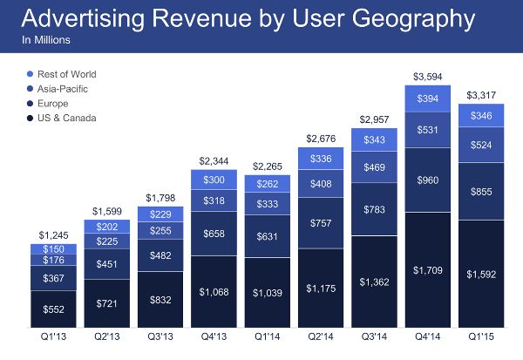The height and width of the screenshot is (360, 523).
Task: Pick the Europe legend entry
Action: click(52, 104)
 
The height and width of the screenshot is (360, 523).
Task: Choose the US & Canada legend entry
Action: click(65, 118)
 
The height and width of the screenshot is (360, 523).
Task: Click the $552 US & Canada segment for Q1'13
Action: click(54, 308)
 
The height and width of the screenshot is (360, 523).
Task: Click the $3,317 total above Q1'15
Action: click(479, 95)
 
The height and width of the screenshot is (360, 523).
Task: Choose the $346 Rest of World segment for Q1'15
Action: click(479, 115)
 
